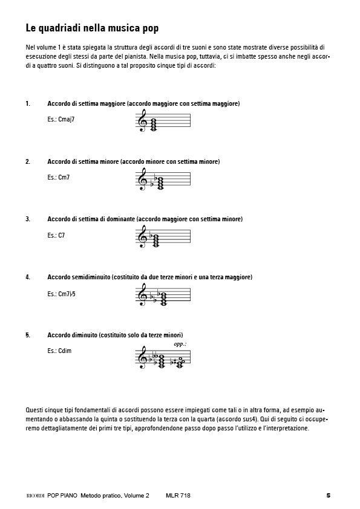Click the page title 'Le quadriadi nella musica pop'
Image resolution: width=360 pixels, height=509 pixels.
(x=92, y=28)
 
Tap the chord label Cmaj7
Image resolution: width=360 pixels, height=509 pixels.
(x=67, y=120)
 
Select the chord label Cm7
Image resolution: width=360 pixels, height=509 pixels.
(x=64, y=178)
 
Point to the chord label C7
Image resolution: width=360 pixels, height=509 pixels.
(x=61, y=235)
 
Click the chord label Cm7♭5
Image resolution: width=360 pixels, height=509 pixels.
(x=67, y=294)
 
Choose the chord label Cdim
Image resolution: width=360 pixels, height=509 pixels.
(x=65, y=351)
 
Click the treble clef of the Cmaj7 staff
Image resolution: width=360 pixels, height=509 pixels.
(x=142, y=120)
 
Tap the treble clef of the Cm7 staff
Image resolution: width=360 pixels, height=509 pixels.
(x=142, y=179)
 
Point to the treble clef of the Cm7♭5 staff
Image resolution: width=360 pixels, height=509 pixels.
(x=142, y=294)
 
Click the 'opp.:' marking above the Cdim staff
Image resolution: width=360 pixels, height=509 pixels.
(x=180, y=344)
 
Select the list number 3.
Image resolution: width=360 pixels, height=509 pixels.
(x=28, y=219)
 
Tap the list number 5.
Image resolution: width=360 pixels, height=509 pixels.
(x=28, y=335)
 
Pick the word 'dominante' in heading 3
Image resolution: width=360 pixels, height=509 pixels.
(x=120, y=219)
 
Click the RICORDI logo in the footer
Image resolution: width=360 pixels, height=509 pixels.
(x=35, y=496)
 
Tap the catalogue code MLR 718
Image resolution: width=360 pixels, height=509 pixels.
(x=178, y=496)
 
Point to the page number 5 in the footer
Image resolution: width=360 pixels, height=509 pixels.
(x=328, y=496)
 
